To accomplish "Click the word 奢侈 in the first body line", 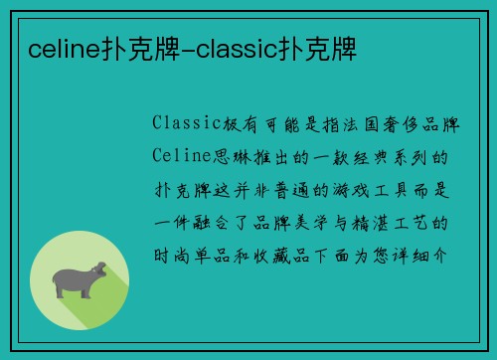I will [395, 123].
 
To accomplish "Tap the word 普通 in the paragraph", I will [294, 188].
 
